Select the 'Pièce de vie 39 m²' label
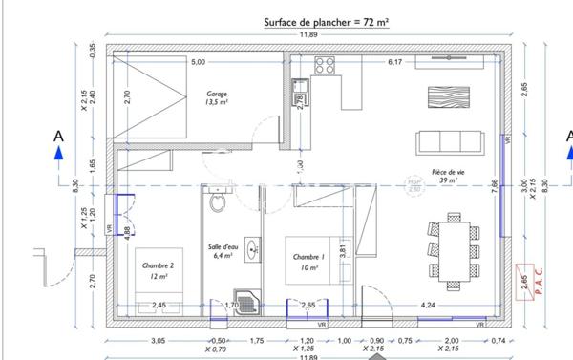(x=445, y=174)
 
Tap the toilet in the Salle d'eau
(x=219, y=201)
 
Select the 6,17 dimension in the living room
(x=394, y=63)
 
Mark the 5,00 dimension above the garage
(x=198, y=63)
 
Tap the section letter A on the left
(x=58, y=138)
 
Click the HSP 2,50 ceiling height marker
(x=414, y=185)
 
